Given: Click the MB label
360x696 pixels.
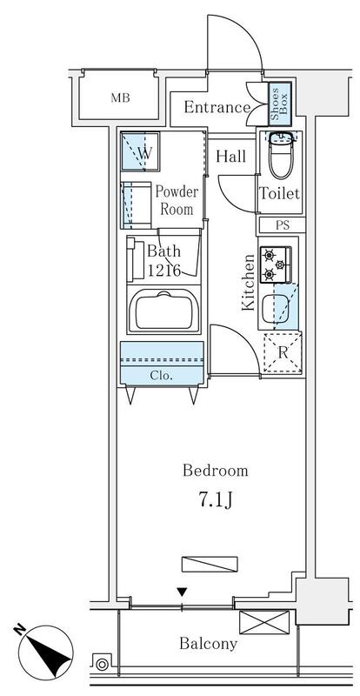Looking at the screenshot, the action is pos(120,98).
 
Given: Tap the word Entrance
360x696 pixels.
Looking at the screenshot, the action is pos(217,107).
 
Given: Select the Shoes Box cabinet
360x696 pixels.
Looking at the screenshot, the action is pos(280,104).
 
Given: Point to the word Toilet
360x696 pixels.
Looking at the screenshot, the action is pos(280,193).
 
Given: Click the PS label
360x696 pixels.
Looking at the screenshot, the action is pos(283,225).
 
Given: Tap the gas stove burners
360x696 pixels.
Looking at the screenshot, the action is pos(275,264).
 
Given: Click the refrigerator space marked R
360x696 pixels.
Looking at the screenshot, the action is pos(283,353).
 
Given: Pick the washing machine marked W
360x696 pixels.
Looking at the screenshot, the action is pos(140,151).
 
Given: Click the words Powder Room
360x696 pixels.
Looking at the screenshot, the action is pos(177,200).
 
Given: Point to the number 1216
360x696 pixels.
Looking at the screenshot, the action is pos(163,270).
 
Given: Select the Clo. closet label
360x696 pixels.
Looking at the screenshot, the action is pos(161,376).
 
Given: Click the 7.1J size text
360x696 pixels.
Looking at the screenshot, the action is pos(216,500).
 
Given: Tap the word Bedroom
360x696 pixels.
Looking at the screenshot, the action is pos(216,470).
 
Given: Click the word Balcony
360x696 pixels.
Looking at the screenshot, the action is pos(208,644).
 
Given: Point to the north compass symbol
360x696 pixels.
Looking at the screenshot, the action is pos(45,652).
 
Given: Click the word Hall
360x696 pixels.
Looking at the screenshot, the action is pos(230,157).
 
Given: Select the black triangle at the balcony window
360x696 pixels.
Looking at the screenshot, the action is pos(182,592).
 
